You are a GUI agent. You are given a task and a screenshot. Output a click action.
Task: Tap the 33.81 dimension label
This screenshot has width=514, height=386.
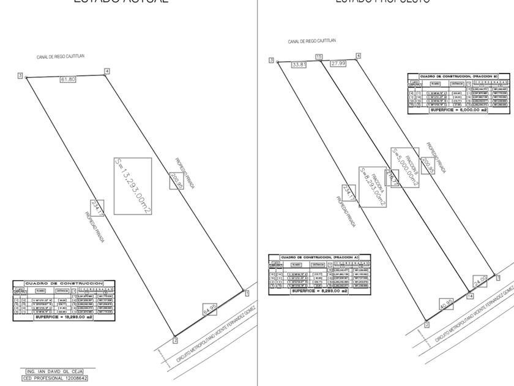(299, 64)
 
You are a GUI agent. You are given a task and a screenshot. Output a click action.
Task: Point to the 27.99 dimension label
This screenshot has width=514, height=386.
(338, 64)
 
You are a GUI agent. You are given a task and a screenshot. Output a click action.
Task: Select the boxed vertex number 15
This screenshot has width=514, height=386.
(318, 57)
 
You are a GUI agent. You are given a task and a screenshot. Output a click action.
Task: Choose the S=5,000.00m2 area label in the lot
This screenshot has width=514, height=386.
(404, 159)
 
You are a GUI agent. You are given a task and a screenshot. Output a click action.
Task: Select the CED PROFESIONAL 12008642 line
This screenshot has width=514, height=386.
(59, 379)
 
